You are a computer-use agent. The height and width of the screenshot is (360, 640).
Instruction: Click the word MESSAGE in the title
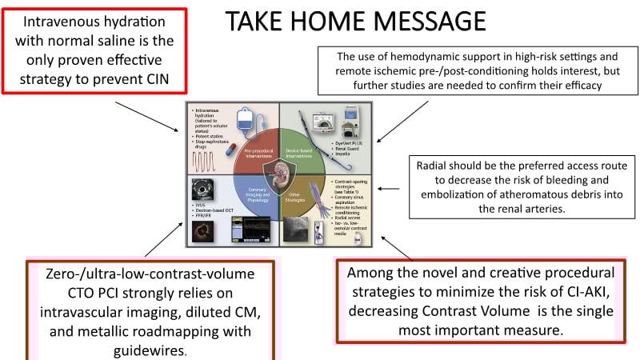pos(428,21)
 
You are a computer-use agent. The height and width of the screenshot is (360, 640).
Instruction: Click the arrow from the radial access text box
pos(388,189)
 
